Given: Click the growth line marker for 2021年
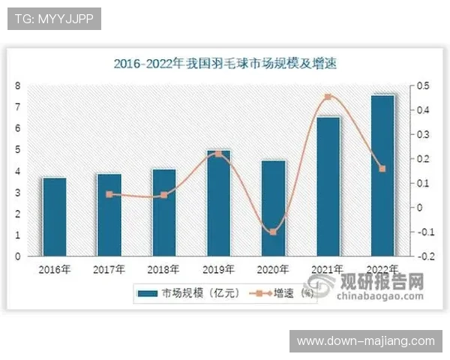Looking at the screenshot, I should (x=328, y=97).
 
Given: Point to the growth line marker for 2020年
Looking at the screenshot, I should (x=273, y=232).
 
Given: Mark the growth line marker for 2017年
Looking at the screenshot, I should (x=109, y=194).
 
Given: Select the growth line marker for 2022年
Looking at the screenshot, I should (x=382, y=169).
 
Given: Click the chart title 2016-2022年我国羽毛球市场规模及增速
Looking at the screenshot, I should (x=225, y=64).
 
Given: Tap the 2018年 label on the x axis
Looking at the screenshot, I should (x=163, y=268).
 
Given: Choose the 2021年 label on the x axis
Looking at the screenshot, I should (x=328, y=268).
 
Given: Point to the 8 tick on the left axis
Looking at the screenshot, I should (x=17, y=85).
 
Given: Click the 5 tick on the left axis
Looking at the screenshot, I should (x=17, y=150).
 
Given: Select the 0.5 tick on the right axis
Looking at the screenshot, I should (x=424, y=86).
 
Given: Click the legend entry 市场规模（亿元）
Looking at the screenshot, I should (x=196, y=292).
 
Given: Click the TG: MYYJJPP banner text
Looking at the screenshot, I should (x=53, y=19).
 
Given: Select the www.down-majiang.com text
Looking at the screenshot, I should (x=366, y=341).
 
